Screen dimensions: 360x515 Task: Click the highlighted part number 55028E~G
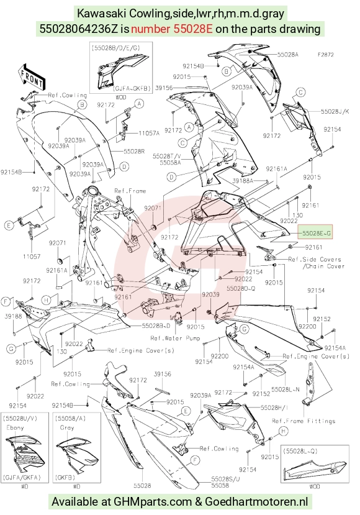tap(316, 234)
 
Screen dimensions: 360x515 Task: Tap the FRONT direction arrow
tap(31, 77)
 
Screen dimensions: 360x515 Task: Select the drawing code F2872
tap(325, 55)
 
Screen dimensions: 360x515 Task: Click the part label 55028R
tap(134, 152)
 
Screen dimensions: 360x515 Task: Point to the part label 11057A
tap(149, 133)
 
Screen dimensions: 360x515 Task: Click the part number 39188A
tap(243, 180)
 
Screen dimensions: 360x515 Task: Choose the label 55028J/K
tap(335, 111)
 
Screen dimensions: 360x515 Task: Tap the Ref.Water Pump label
tap(175, 338)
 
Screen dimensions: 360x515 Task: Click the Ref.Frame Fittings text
tap(304, 421)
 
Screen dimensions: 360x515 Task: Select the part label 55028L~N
tap(285, 390)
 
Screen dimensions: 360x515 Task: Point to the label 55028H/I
tap(274, 408)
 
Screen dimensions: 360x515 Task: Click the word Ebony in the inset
tap(15, 427)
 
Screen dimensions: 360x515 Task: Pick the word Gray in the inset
tap(67, 427)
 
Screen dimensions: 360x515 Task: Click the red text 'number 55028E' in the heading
tap(172, 29)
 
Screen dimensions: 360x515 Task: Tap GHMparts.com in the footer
tap(152, 501)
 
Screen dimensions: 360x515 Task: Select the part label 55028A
tap(288, 55)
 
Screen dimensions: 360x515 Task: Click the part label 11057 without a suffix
tap(32, 257)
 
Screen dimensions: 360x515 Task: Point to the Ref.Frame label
tap(130, 191)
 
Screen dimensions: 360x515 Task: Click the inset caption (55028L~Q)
tap(300, 451)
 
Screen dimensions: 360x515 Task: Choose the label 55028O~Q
tap(241, 288)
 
